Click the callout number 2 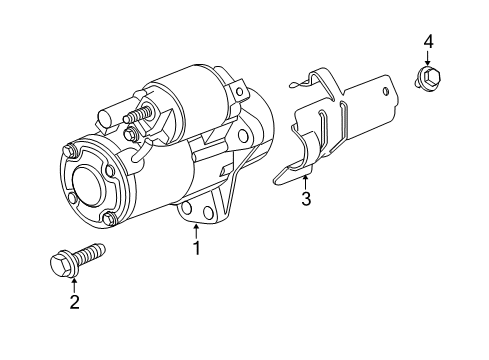click(x=73, y=303)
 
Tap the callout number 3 click(x=306, y=200)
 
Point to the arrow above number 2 click(x=73, y=285)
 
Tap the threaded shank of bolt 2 click(x=92, y=254)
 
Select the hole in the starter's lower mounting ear click(x=187, y=208)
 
